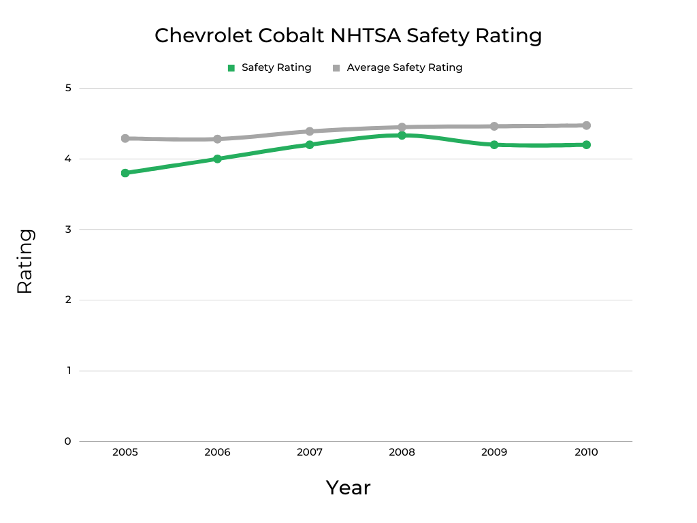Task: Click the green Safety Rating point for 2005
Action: [x=125, y=173]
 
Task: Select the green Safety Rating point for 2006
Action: [x=217, y=159]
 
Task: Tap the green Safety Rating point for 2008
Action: [x=402, y=136]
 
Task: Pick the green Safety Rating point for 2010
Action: [x=586, y=144]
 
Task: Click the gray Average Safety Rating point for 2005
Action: [x=125, y=138]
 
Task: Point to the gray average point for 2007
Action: [x=310, y=131]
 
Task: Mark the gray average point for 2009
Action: [x=494, y=126]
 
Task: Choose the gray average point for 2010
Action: [x=586, y=125]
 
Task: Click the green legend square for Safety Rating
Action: [x=231, y=68]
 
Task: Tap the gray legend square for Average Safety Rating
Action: [x=336, y=68]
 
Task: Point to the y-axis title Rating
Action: [x=25, y=261]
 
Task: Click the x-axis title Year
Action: [x=348, y=488]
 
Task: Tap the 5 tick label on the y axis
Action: [x=68, y=88]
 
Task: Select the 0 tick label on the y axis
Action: [x=68, y=441]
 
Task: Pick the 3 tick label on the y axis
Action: [x=68, y=229]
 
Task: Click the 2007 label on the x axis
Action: [x=310, y=452]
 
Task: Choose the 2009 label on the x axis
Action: [x=494, y=452]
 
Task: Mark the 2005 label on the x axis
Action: [x=125, y=452]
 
